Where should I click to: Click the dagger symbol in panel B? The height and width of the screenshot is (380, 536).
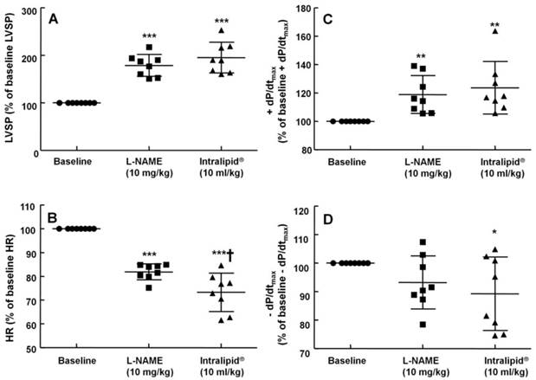(231, 253)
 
